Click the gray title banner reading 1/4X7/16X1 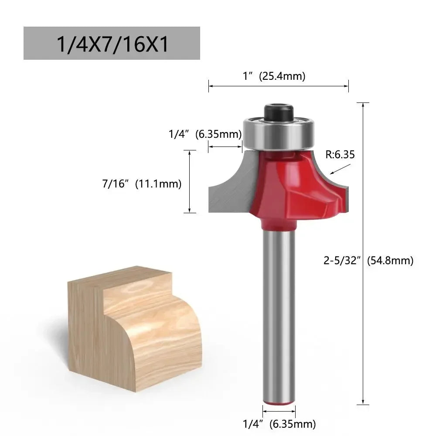tap(112, 43)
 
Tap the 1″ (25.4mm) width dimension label tap(274, 76)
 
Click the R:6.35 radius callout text tap(340, 154)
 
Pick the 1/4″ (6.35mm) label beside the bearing tap(205, 134)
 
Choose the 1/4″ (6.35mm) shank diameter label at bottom tap(279, 423)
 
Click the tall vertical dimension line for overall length tap(363, 253)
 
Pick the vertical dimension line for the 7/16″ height tap(190, 181)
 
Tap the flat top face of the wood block tap(118, 279)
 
